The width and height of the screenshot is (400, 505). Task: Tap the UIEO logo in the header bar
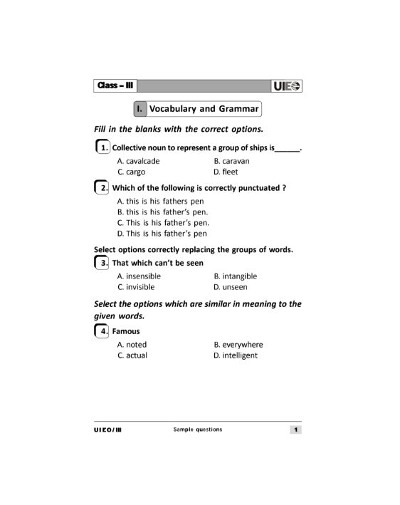pos(286,86)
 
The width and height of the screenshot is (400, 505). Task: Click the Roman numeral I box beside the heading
pos(140,109)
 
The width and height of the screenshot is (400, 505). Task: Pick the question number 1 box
pos(102,148)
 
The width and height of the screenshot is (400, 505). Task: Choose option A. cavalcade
pos(138,161)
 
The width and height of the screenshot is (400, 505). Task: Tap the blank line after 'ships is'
pos(287,150)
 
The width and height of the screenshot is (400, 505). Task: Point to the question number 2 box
pos(102,188)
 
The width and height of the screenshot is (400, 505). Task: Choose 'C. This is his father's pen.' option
pos(162,222)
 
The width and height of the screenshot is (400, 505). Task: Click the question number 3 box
pos(102,263)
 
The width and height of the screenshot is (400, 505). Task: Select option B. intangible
pos(235,276)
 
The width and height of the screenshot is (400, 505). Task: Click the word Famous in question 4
pos(126,331)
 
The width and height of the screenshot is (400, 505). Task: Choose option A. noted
pos(132,345)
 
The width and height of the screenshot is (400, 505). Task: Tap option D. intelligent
pos(236,355)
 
